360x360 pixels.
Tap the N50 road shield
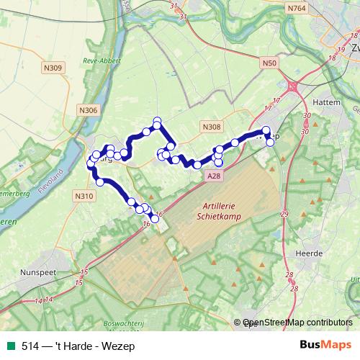[269, 63]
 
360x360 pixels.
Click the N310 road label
[84, 195]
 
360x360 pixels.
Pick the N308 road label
[212, 127]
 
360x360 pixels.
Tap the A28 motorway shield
[212, 175]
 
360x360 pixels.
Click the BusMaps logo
[325, 345]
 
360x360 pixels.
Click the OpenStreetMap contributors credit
[297, 323]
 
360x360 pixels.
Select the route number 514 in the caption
[30, 346]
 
